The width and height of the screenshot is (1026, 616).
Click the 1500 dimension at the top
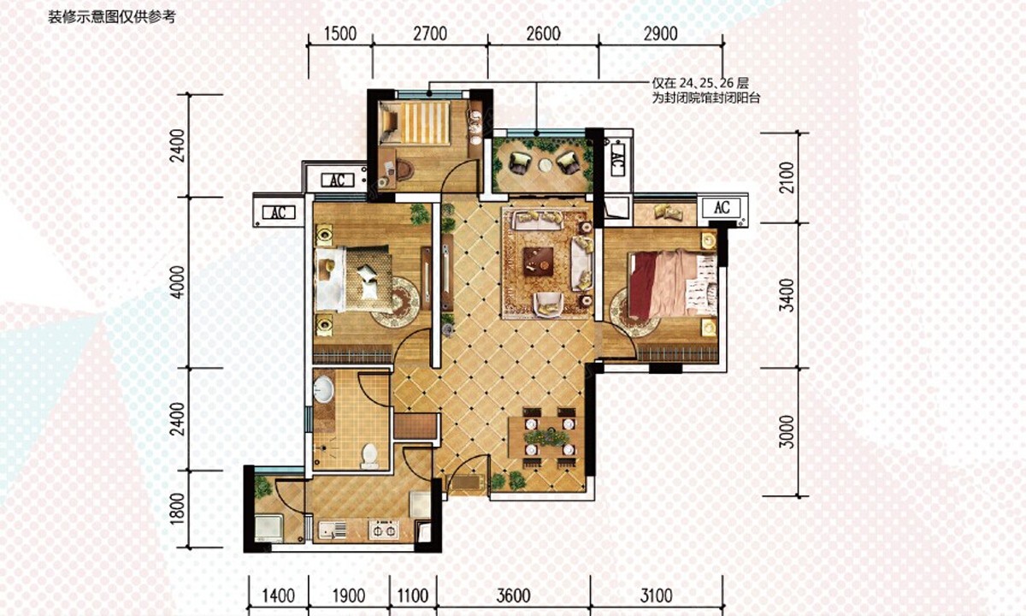pos(340,34)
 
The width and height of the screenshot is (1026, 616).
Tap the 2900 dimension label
pos(660,34)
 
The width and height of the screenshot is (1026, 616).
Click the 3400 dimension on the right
pos(787,295)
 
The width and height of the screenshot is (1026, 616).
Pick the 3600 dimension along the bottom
pos(514,595)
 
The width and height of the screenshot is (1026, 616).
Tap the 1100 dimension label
pos(413,595)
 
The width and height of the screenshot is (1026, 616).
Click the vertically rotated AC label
pos(617,159)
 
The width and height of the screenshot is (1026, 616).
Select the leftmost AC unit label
pos(279,213)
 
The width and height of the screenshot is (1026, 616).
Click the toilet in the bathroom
pos(369,455)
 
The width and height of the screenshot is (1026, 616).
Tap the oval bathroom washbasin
pos(324,389)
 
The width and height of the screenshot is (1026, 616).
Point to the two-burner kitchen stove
pos(383,530)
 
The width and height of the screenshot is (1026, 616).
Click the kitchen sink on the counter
pos(333,530)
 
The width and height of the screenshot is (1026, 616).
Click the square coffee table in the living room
pos(538,262)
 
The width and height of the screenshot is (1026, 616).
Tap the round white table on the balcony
pos(545,164)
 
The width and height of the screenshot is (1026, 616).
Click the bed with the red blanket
pos(672,284)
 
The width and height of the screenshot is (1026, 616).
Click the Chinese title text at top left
pos(112,17)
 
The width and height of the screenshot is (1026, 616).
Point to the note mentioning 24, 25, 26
pos(706,91)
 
